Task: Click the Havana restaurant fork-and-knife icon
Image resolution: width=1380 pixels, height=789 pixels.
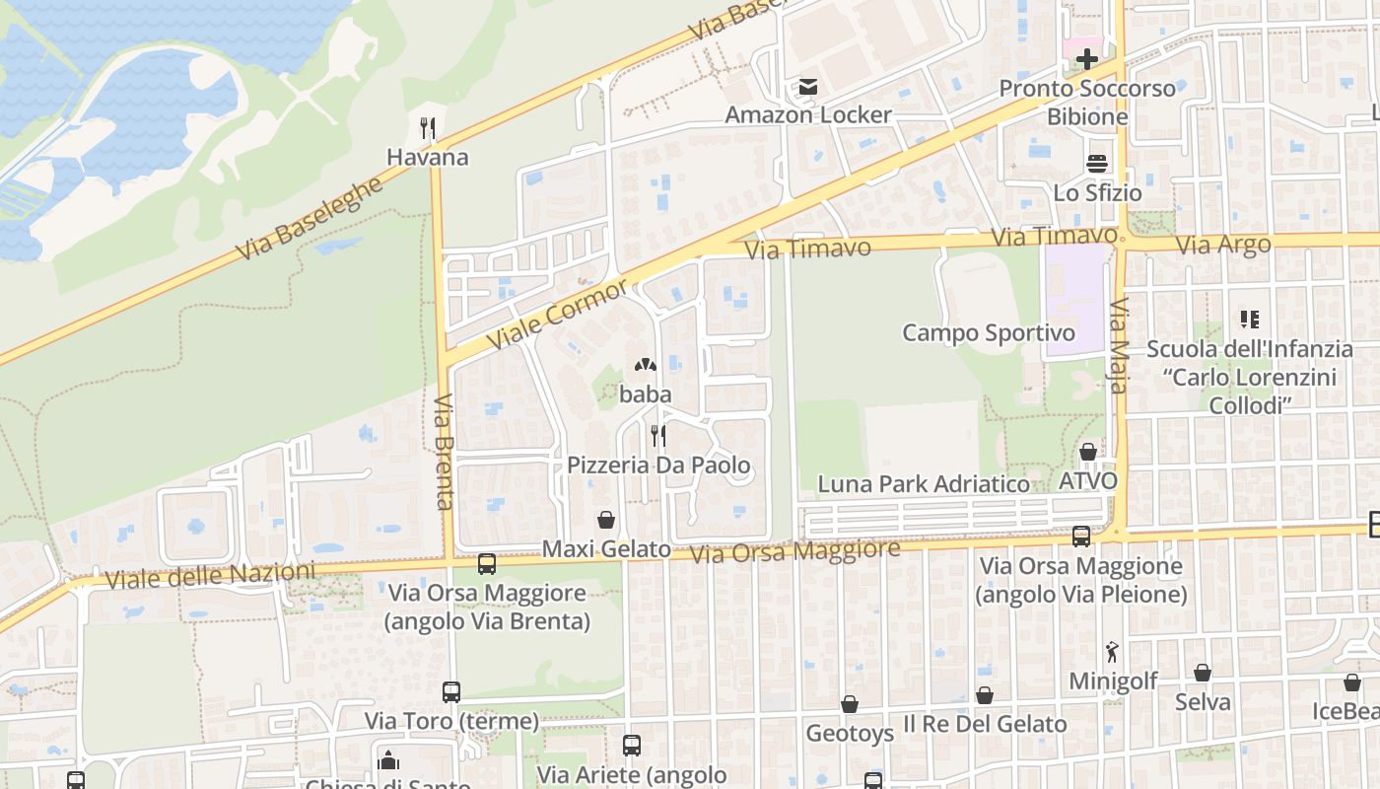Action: [427, 128]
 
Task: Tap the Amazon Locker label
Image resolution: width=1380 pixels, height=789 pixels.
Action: [808, 114]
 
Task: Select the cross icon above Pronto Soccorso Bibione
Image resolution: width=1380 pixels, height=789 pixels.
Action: [1087, 59]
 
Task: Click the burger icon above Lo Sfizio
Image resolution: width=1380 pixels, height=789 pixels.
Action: [1097, 164]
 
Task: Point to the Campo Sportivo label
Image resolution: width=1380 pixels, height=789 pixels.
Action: [989, 332]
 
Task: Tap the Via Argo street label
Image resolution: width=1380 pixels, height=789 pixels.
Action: [1224, 245]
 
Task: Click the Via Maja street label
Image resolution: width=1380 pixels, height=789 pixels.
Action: [1119, 346]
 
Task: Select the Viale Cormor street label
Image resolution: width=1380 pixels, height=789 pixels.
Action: [558, 314]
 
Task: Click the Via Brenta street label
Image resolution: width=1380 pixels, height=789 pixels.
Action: [444, 452]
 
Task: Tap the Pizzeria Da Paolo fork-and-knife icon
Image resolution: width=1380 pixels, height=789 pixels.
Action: [657, 435]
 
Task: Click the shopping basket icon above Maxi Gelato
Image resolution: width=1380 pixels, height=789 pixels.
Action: [606, 520]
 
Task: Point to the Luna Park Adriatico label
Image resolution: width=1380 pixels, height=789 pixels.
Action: [924, 484]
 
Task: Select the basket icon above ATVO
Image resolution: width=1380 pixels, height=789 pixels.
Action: [1088, 452]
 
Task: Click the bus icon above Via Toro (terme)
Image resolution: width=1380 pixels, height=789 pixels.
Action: [451, 691]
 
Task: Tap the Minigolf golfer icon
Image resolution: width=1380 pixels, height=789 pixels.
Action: [1113, 652]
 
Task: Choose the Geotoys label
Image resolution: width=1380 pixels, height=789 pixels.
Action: [850, 734]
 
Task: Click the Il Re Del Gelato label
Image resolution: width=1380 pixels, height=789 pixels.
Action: [985, 724]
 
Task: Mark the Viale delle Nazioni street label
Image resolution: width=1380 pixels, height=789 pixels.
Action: [210, 576]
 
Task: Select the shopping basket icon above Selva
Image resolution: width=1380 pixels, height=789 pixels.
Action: [1203, 673]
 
